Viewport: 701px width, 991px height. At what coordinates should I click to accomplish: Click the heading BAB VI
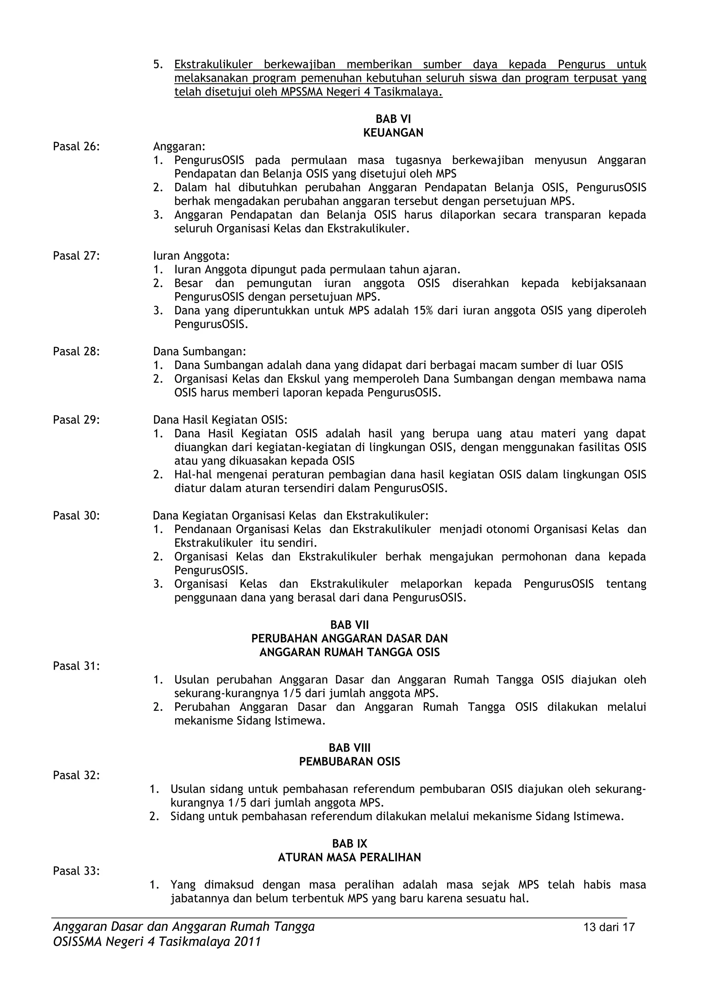393,119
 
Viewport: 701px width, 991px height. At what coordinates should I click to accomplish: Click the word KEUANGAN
393,132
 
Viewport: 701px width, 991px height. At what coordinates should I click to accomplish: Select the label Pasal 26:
76,146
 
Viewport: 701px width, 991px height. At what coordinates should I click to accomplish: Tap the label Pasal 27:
76,256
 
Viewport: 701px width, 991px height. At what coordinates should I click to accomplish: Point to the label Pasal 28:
76,351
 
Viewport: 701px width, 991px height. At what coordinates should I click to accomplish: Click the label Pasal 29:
76,420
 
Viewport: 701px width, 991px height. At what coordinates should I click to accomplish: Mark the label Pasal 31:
76,666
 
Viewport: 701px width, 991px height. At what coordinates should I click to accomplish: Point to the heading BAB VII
349,625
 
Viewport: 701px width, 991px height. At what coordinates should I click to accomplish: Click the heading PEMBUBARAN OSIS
349,761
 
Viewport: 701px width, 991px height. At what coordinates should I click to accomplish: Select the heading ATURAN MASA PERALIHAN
349,857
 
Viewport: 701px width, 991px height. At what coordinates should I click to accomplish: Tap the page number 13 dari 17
609,927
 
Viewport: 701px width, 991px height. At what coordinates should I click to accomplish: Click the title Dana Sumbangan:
200,351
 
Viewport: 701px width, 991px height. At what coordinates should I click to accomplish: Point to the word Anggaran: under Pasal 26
179,146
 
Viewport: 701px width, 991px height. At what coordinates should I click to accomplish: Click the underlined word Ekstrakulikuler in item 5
213,65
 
